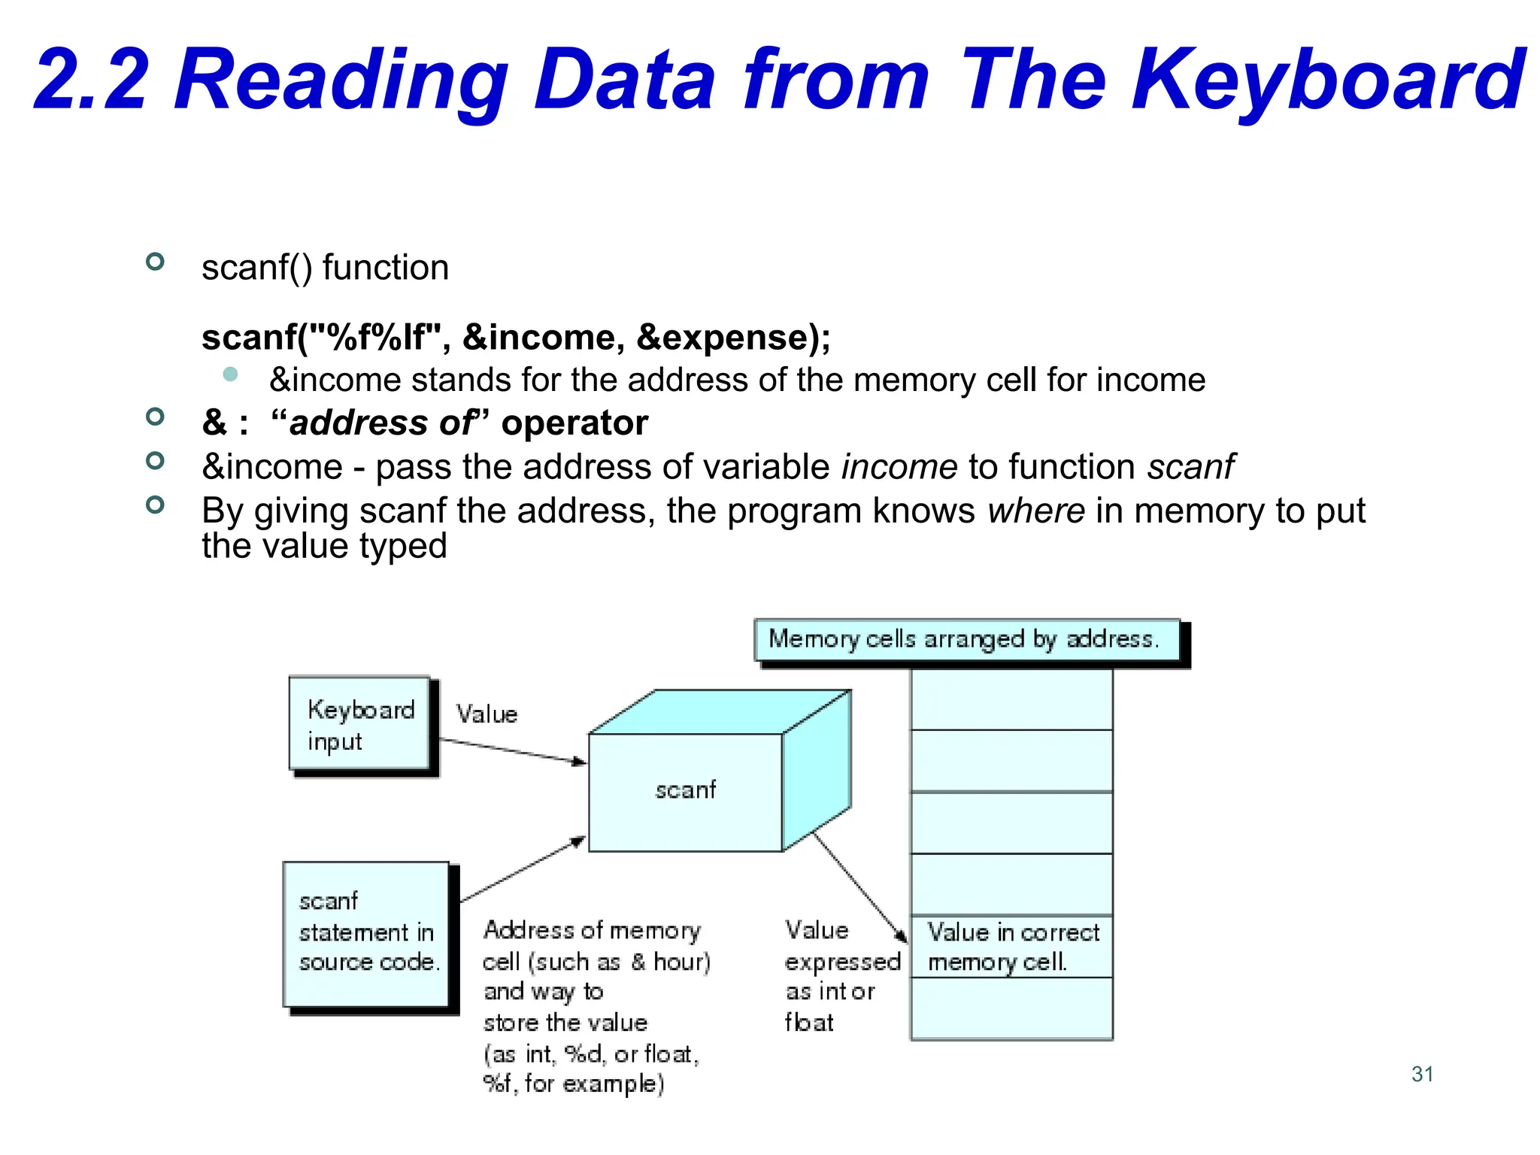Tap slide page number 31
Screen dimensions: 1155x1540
coord(1422,1074)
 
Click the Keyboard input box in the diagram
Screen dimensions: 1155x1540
coord(359,723)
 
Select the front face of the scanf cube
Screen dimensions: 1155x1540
coord(685,791)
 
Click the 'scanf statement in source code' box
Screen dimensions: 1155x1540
coord(366,933)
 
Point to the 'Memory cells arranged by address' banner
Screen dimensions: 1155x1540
coord(967,640)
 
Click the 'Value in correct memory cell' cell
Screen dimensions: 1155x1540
coord(1011,947)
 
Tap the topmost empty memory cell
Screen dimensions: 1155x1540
coord(1011,699)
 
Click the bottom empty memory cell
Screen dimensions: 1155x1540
coord(1011,1008)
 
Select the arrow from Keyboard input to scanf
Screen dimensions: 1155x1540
coord(512,750)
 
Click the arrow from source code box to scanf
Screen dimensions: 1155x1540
coord(522,869)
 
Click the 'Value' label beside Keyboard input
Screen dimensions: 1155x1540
coord(487,714)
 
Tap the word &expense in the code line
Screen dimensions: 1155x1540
coord(722,338)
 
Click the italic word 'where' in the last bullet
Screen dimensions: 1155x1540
coord(1036,511)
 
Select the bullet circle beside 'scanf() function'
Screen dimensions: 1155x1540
coord(155,262)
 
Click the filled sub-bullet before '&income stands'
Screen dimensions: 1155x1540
coord(231,374)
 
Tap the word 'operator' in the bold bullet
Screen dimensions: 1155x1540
coord(574,423)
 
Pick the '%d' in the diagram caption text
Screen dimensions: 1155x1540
coord(583,1054)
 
